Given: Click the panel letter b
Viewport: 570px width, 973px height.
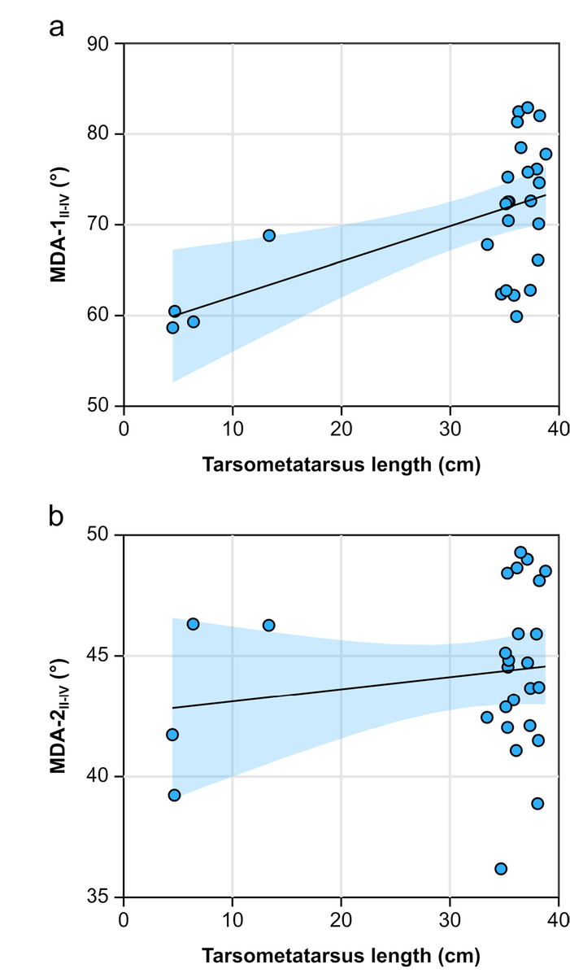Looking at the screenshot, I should tap(56, 517).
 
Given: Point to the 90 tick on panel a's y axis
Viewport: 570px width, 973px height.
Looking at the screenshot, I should tap(101, 43).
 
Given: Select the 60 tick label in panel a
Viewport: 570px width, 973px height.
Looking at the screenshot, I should tap(101, 316).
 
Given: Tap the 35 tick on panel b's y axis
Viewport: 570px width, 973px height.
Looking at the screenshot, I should tap(101, 897).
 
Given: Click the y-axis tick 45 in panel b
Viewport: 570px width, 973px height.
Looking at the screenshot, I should tap(101, 656).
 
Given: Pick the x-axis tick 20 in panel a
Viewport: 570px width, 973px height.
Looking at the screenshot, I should tap(341, 428).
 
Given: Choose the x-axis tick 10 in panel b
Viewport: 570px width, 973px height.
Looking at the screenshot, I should tap(233, 919).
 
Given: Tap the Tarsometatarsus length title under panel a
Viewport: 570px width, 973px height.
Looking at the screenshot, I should tap(341, 465).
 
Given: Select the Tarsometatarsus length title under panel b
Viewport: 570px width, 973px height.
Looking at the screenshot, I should tap(341, 955).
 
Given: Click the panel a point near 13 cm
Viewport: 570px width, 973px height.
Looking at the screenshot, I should tap(269, 235).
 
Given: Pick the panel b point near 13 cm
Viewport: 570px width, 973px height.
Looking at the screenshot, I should tap(269, 625).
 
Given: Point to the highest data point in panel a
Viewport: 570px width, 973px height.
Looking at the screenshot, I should tap(527, 107).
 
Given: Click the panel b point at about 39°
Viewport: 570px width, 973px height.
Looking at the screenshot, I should tap(537, 803).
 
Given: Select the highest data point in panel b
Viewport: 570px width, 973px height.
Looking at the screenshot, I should tap(520, 552).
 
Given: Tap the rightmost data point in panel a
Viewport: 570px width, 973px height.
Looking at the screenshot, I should tap(546, 154).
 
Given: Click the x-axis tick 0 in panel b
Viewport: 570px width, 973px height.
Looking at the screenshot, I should tap(124, 919).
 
